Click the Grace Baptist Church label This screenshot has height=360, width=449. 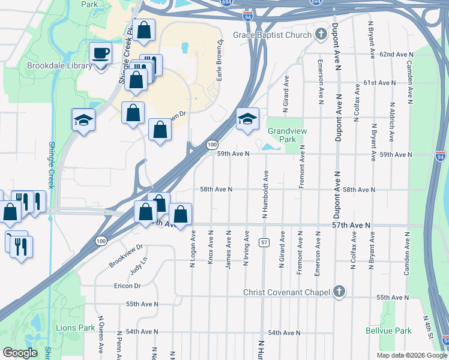coord(273,35)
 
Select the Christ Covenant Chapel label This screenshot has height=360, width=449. coord(287,292)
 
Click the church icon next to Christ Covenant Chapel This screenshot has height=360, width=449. coord(339,292)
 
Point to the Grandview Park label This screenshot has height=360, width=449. coord(282,135)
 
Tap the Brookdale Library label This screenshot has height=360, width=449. coord(59,66)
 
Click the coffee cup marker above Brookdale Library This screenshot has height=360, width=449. coord(100,53)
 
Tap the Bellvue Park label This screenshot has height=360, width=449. coord(388,331)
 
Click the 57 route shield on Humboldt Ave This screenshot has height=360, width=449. coord(264,242)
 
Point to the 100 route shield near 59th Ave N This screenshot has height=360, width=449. coord(212,145)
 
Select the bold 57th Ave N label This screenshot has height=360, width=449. coord(352,225)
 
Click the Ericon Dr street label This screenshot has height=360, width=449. coord(127,286)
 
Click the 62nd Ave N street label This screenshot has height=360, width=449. coord(394,55)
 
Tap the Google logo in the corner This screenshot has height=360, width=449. coord(20,353)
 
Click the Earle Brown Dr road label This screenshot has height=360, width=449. coord(220,60)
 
